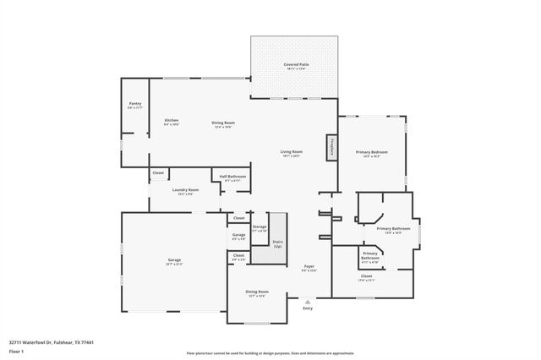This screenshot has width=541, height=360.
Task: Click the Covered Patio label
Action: click(294, 65)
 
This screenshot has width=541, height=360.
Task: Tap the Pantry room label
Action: click(134, 105)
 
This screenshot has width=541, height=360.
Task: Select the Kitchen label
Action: click(172, 122)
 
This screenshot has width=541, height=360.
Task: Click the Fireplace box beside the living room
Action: click(332, 146)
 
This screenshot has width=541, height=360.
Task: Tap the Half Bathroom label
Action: click(232, 177)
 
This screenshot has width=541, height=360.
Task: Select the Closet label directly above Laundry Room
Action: click(158, 173)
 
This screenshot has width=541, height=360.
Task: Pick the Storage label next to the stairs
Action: click(259, 227)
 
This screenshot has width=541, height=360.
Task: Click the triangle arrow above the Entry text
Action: click(308, 300)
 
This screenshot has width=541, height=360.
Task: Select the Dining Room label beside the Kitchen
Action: click(223, 123)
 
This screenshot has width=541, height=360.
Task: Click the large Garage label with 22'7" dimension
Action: click(173, 260)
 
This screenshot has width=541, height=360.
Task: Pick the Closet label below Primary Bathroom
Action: click(366, 276)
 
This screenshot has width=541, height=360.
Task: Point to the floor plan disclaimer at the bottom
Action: click(270, 353)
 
